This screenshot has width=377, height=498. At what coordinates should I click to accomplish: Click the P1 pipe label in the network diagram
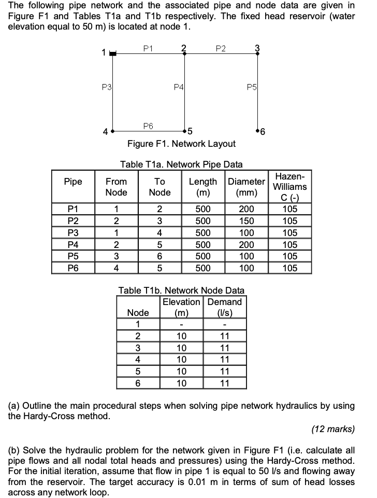click(x=149, y=48)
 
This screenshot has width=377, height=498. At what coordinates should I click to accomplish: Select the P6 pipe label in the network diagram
click(x=149, y=126)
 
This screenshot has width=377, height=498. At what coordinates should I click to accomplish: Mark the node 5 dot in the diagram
click(x=184, y=130)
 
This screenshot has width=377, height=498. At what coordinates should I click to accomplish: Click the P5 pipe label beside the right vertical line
click(x=251, y=87)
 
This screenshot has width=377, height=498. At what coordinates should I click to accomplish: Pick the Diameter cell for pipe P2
click(x=247, y=222)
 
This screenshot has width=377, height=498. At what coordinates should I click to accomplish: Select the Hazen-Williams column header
click(x=289, y=187)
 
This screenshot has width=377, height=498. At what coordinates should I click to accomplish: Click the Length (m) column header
click(x=203, y=187)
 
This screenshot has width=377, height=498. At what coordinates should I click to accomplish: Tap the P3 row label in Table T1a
click(x=72, y=233)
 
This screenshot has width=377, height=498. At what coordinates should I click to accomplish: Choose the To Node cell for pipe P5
click(x=160, y=256)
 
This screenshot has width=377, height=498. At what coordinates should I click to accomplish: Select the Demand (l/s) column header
click(x=225, y=307)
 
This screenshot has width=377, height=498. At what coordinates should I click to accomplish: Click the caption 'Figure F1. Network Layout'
click(x=181, y=144)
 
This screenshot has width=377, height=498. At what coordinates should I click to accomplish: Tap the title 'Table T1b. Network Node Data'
click(x=181, y=290)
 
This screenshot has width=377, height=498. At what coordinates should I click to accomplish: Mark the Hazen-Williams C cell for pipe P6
click(x=289, y=268)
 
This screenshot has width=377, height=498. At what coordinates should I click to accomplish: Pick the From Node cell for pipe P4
click(x=116, y=245)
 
